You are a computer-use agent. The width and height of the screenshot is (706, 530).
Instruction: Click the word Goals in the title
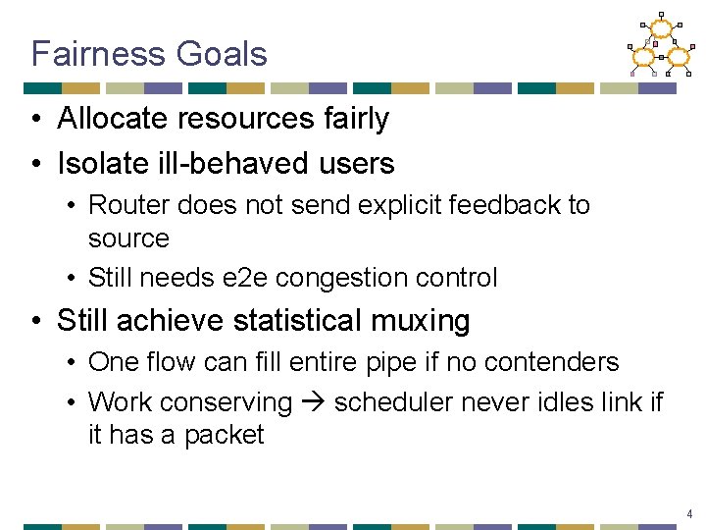[222, 53]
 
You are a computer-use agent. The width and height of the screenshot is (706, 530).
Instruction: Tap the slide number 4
[690, 514]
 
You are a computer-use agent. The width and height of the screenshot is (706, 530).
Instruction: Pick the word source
[128, 238]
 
